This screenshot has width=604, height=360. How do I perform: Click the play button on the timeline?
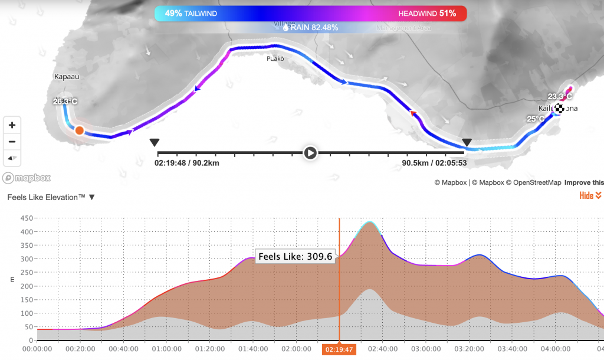point(310,153)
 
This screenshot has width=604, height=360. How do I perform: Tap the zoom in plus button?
point(12,125)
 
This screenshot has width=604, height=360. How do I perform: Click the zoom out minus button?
point(12,142)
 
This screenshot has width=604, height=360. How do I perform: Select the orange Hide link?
point(590,196)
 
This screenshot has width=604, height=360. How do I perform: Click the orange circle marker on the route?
point(79,130)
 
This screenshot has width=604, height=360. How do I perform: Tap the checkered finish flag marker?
point(557,109)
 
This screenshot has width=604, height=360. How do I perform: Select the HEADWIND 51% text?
point(427,13)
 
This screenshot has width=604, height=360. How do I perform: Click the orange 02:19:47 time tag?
point(339,350)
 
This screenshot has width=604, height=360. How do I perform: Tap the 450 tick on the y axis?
point(27,218)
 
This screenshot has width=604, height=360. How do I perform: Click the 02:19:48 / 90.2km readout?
point(187,163)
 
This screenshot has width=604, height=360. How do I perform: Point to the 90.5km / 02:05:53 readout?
point(434,163)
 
